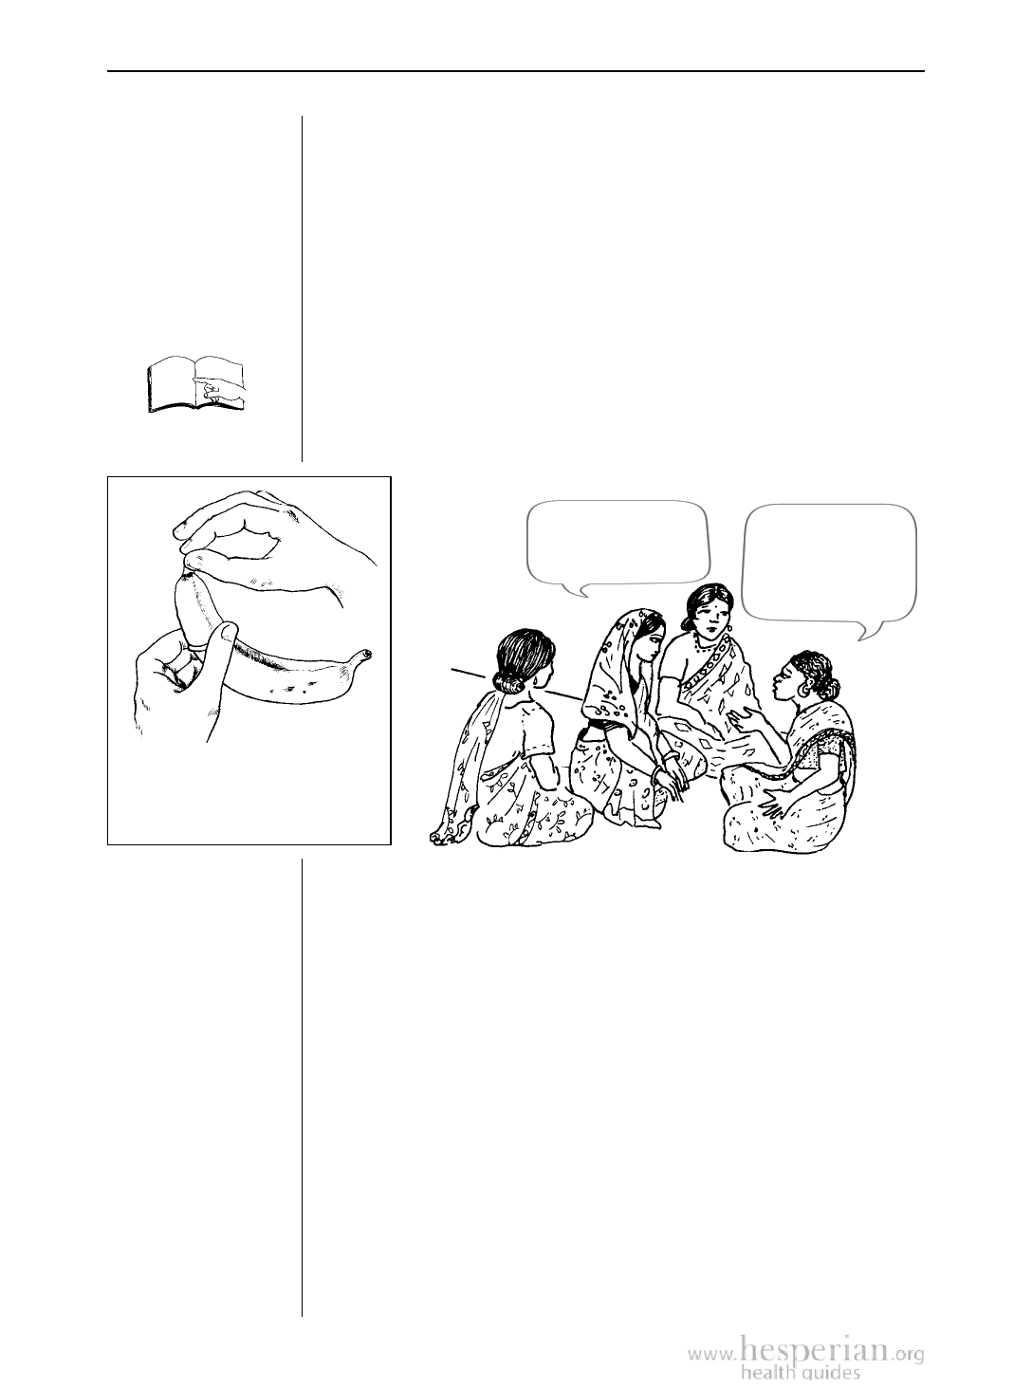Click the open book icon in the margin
point(196,384)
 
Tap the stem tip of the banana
point(366,654)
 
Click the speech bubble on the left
point(618,547)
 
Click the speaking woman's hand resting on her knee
point(774,808)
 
